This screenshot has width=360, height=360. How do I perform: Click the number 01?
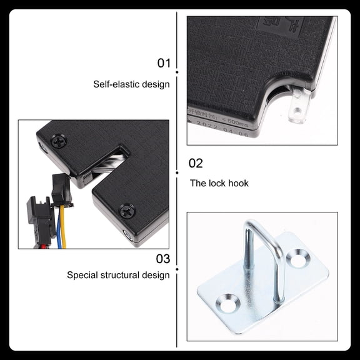[163, 63]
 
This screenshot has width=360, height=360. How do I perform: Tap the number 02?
[196, 164]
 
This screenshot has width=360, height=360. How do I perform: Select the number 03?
[162, 257]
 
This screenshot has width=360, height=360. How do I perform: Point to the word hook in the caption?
[237, 183]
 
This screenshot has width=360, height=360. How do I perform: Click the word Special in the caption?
[82, 274]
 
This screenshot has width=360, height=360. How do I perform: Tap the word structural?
[123, 274]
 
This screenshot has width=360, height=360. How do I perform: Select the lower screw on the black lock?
[126, 211]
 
